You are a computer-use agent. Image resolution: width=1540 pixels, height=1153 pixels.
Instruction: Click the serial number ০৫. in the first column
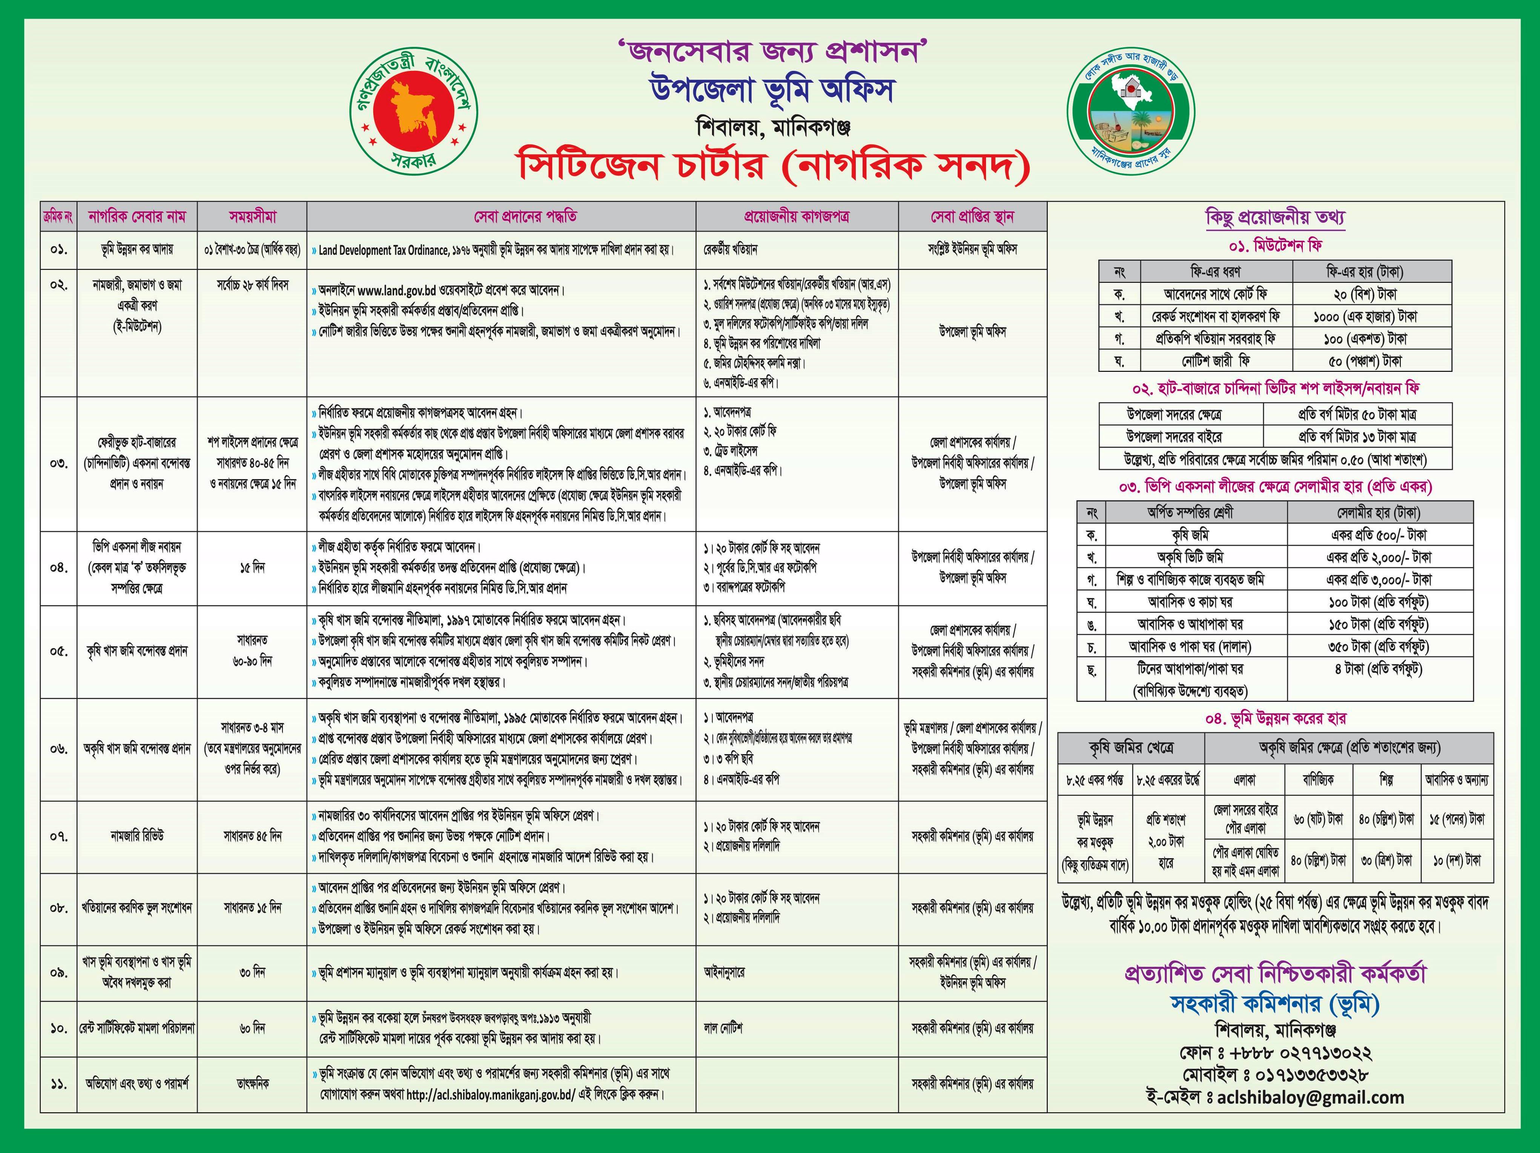(58, 651)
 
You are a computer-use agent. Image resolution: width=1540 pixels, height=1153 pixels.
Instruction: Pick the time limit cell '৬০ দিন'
(252, 1028)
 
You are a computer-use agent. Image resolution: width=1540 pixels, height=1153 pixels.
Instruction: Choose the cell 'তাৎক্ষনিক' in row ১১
(252, 1083)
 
